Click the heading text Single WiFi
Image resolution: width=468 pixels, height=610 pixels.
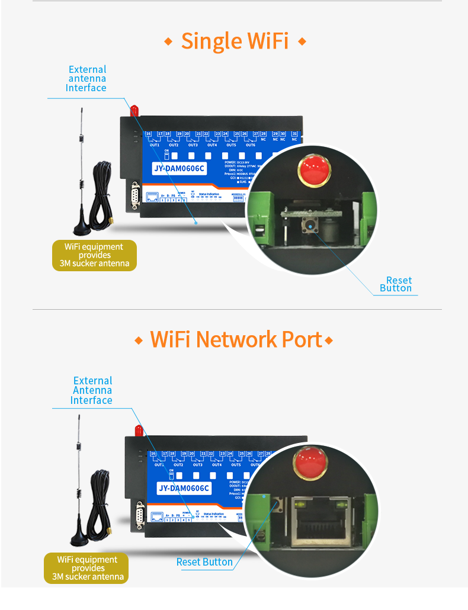pos(235,41)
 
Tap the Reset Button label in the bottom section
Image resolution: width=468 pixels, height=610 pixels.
pos(204,562)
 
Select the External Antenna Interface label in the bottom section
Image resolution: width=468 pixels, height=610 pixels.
pos(92,390)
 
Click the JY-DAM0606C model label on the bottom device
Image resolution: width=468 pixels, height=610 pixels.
pos(184,488)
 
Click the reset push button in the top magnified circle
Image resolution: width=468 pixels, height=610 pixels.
pos(309,226)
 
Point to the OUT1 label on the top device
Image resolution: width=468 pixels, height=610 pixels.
pos(155,145)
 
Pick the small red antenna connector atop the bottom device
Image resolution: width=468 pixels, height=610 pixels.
pos(138,428)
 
